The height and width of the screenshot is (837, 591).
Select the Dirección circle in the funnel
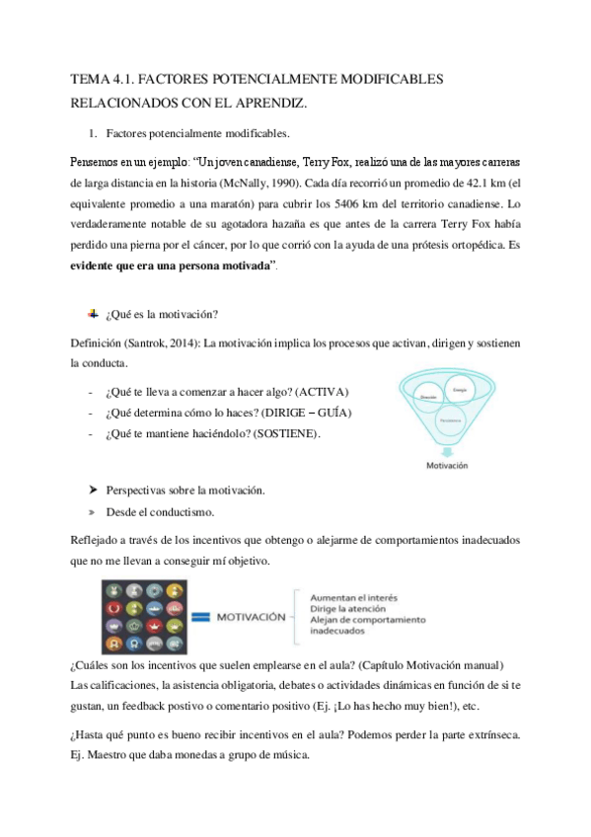click(429, 398)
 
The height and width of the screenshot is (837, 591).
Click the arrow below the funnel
click(446, 451)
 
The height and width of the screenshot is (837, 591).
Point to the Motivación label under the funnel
click(446, 465)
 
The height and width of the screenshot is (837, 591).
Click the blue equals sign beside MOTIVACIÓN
click(201, 617)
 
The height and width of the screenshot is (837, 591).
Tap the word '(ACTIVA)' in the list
click(323, 392)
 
